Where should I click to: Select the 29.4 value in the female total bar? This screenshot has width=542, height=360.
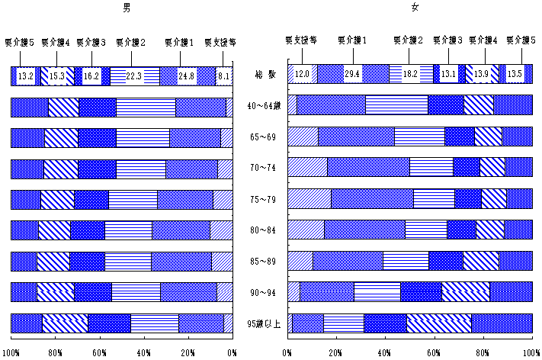(352, 74)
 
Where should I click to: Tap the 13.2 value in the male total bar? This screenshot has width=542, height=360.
(25, 76)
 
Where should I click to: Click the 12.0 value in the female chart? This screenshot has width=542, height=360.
(303, 74)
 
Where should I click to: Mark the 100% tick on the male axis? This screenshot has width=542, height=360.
(11, 353)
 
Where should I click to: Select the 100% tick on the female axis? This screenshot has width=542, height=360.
(531, 353)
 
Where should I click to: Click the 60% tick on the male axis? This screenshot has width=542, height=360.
(100, 353)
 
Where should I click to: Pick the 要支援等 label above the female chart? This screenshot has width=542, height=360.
(301, 39)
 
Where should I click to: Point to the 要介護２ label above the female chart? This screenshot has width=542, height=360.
(409, 39)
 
